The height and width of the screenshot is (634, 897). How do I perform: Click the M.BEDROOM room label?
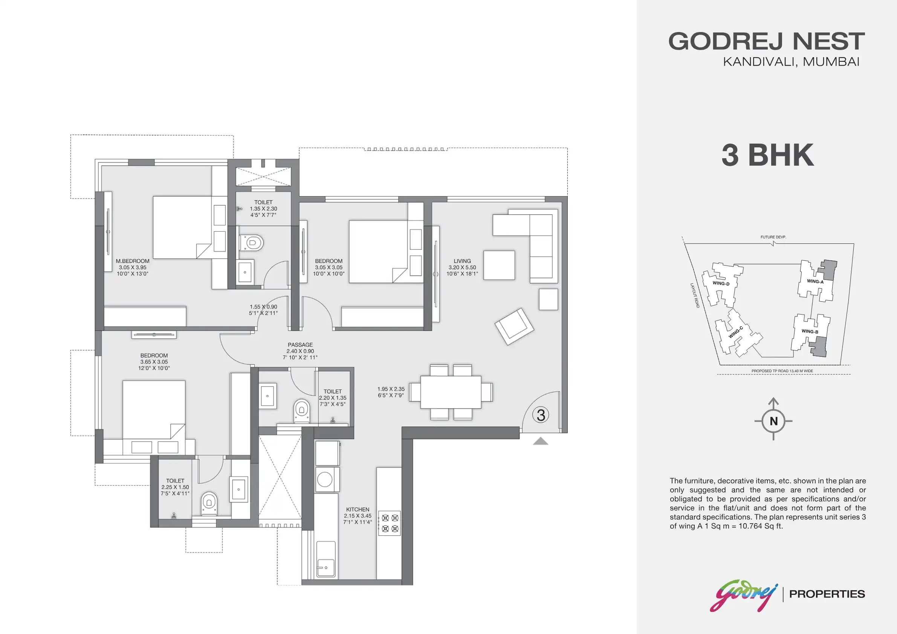pos(133,261)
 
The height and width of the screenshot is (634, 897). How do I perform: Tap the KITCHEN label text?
pos(358,509)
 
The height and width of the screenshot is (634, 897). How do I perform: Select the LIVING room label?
pos(462,261)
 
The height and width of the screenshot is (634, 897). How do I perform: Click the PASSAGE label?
pos(300,345)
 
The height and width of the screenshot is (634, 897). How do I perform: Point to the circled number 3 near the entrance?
pos(541,415)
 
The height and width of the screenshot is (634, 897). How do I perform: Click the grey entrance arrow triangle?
pos(541,442)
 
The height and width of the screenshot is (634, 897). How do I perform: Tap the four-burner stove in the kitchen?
pos(390,524)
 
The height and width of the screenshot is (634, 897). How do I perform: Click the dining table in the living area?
pos(451,392)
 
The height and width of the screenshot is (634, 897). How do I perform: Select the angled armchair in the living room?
pos(514,326)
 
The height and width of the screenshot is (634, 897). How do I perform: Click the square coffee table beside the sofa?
pos(499,265)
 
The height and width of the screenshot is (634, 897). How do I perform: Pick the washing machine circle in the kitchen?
pos(325,479)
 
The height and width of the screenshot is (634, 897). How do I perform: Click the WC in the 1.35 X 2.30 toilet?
pos(251,243)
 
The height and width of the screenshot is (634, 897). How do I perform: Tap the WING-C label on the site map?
pos(736,332)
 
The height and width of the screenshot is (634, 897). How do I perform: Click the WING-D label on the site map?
pos(721,283)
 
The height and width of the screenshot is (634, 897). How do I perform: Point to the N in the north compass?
pos(773,421)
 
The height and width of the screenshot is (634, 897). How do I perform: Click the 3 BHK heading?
pos(768,155)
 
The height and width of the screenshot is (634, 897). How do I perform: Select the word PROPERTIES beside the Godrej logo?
pos(827,594)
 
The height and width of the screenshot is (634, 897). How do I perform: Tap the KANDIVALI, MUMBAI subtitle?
pos(791,62)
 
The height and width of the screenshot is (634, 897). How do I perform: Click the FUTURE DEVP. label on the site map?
pos(773,237)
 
